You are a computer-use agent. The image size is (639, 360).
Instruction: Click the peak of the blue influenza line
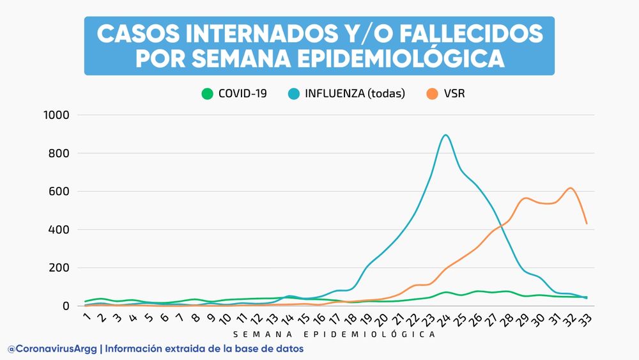point(445,136)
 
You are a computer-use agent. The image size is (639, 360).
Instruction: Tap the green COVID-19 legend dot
point(207,93)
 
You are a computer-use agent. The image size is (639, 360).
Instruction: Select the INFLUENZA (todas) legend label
point(355,93)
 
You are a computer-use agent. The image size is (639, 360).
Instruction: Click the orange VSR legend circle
point(433,93)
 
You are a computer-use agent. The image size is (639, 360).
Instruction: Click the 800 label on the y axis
point(58,153)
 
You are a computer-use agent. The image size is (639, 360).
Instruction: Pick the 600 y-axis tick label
point(58,191)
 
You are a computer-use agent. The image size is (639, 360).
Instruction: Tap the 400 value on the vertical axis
point(58,230)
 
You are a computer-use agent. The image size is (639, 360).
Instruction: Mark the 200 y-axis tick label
point(58,268)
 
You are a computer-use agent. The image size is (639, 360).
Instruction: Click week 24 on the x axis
point(445,318)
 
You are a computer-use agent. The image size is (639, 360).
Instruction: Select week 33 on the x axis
point(585,318)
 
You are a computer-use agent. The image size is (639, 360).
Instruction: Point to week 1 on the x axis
point(87,315)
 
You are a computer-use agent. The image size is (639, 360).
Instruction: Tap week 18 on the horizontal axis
point(351,318)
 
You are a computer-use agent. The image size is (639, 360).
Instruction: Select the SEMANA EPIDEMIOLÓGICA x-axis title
point(334,334)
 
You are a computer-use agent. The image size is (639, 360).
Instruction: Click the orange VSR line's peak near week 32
point(571,188)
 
